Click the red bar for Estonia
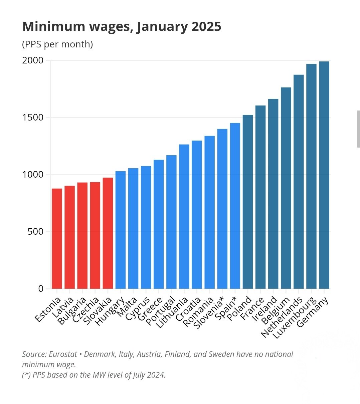click(57, 238)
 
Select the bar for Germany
click(324, 175)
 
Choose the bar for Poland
click(247, 202)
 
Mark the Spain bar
click(235, 206)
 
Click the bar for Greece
click(159, 224)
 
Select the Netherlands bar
click(299, 182)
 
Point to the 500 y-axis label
click(36, 231)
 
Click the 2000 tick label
click(33, 60)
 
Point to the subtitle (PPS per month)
click(57, 44)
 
